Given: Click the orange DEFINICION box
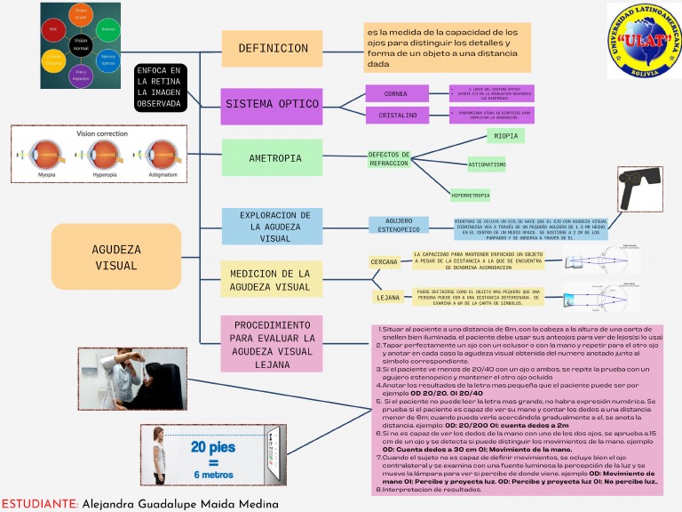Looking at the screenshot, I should [273, 49].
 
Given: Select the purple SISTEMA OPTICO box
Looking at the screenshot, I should [273, 105].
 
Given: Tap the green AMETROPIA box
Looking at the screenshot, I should [273, 158].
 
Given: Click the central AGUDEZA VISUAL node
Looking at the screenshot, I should [116, 257].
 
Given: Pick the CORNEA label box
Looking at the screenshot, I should [395, 94].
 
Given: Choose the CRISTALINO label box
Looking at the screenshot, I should [395, 115].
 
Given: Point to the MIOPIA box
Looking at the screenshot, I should [506, 136].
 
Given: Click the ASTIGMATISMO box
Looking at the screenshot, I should [487, 164].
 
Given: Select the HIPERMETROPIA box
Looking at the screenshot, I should [471, 195].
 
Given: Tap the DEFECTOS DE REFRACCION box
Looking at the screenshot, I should [389, 159].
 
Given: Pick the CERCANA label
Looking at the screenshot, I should [384, 262].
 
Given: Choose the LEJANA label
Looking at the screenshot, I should [388, 298].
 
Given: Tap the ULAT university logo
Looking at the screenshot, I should [641, 42].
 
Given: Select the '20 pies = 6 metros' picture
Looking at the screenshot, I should [213, 458].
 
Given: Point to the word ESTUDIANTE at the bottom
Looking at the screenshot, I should [40, 503].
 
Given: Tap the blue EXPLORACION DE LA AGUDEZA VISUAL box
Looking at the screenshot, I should [275, 227].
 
